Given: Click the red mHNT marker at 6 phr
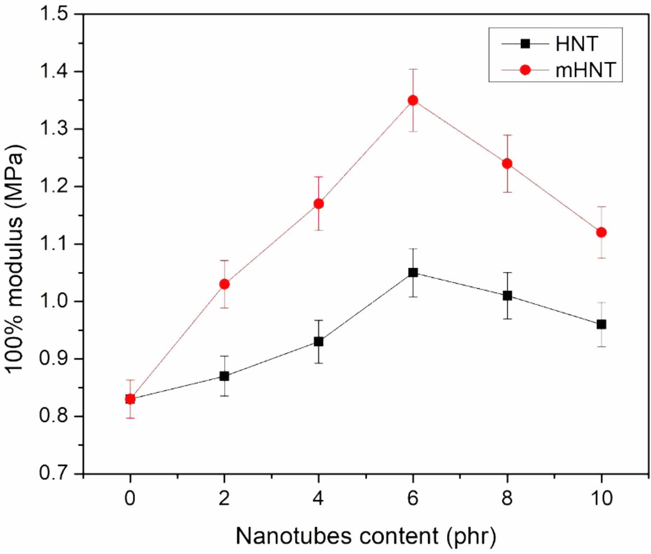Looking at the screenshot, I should [x=413, y=100].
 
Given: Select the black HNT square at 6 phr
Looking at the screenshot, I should [x=413, y=273].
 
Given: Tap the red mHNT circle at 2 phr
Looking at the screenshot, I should [x=224, y=284].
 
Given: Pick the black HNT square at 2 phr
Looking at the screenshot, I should [x=224, y=376].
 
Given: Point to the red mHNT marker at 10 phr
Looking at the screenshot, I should [x=601, y=232].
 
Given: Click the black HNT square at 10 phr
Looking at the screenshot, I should [x=601, y=325].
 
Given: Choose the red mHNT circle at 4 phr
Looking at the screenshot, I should [x=318, y=204].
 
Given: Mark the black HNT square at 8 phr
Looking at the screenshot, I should [x=507, y=296].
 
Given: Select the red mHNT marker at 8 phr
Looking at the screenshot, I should [x=507, y=164].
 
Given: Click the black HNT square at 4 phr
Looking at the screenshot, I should [x=318, y=342].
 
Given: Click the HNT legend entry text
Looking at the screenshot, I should [x=576, y=44].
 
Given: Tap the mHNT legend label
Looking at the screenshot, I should [x=585, y=70].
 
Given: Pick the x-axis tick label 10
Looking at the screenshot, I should [x=601, y=498].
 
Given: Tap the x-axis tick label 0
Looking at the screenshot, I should [x=130, y=498].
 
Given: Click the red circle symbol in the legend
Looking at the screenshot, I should [x=525, y=70].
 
